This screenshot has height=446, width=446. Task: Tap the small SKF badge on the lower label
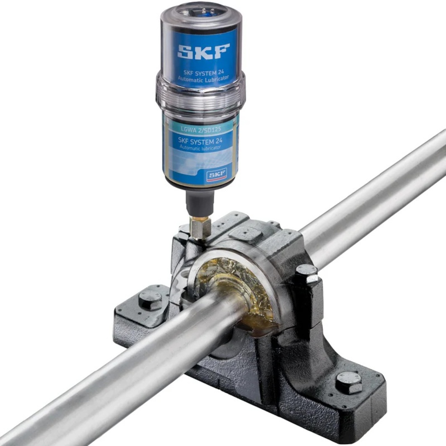point(216,174)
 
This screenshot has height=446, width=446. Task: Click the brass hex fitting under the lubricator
point(200,227)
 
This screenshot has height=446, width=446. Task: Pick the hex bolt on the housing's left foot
point(150,299)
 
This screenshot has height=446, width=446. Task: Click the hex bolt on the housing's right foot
point(349,382)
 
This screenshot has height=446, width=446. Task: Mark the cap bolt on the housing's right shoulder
point(307,273)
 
